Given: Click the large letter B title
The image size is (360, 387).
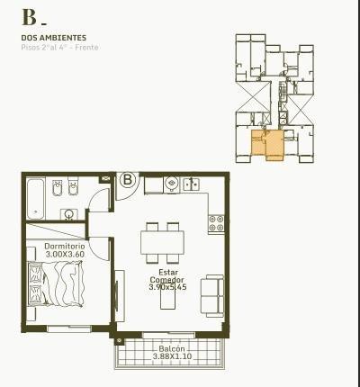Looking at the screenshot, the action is pos(29,18).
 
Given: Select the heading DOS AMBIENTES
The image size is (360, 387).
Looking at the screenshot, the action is pos(54,38).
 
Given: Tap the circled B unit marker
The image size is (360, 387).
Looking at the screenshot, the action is pos(128,180).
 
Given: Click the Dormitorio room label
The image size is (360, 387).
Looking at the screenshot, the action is pos(65,247).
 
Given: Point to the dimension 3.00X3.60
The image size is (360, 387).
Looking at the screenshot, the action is pos(65,255).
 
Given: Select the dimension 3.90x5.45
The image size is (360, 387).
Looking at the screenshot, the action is pos(167,287).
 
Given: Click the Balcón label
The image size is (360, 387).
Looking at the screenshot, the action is pos(172,349).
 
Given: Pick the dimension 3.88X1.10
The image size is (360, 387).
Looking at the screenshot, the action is pos(172,356).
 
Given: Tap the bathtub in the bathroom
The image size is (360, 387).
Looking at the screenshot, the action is pos(36,199).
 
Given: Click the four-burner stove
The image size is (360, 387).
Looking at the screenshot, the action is pos(216,223).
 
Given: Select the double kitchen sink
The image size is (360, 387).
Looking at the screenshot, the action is pos(191,184).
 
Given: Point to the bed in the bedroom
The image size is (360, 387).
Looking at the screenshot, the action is pos(55,283).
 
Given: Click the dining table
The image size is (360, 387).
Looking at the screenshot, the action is pos(162,243).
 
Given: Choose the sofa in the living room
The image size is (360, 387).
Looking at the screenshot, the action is pos(212,296).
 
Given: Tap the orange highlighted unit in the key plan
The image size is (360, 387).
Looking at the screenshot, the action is pos(267,145).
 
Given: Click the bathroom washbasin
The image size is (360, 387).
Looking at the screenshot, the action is pos(69,214).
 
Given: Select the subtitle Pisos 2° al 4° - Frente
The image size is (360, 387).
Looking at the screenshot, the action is pos(59,48).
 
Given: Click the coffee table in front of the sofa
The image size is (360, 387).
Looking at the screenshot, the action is pos(167,299).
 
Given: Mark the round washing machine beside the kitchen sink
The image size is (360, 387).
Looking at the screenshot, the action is pos(172,184).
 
